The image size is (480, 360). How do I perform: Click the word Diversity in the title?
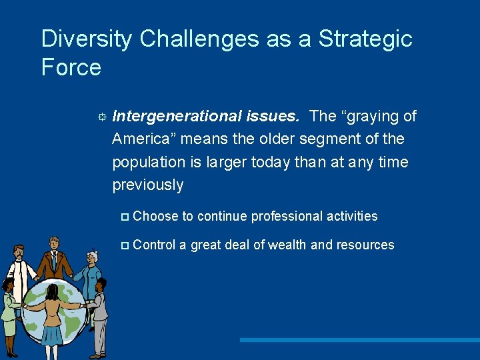pos(87,39)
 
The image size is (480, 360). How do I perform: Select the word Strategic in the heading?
pos(365,39)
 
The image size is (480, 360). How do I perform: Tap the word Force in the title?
pos(71,68)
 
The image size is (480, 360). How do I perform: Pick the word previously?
pos(147,185)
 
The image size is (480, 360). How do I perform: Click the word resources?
pos(365,245)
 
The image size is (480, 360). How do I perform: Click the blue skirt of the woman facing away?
pos(51,334)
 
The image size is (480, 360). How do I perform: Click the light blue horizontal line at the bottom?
pos(360,340)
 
